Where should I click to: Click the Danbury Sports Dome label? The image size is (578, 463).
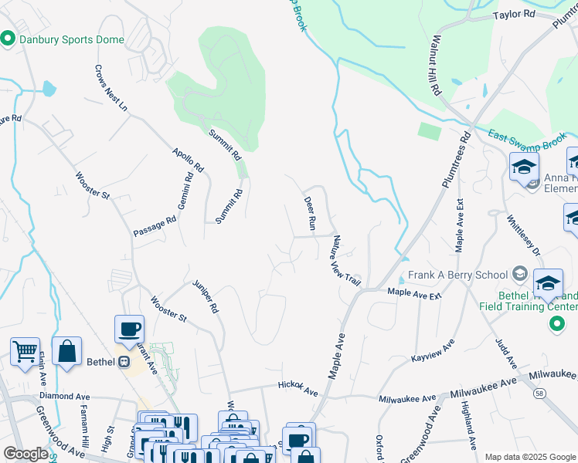[x=70, y=39]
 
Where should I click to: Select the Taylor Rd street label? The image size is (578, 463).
[x=515, y=15]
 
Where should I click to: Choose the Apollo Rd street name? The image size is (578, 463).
[x=188, y=160]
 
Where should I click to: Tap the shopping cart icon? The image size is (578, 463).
[x=25, y=352]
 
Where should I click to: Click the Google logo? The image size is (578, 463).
[x=25, y=454]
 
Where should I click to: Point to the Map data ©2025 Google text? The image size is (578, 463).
[x=529, y=456]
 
